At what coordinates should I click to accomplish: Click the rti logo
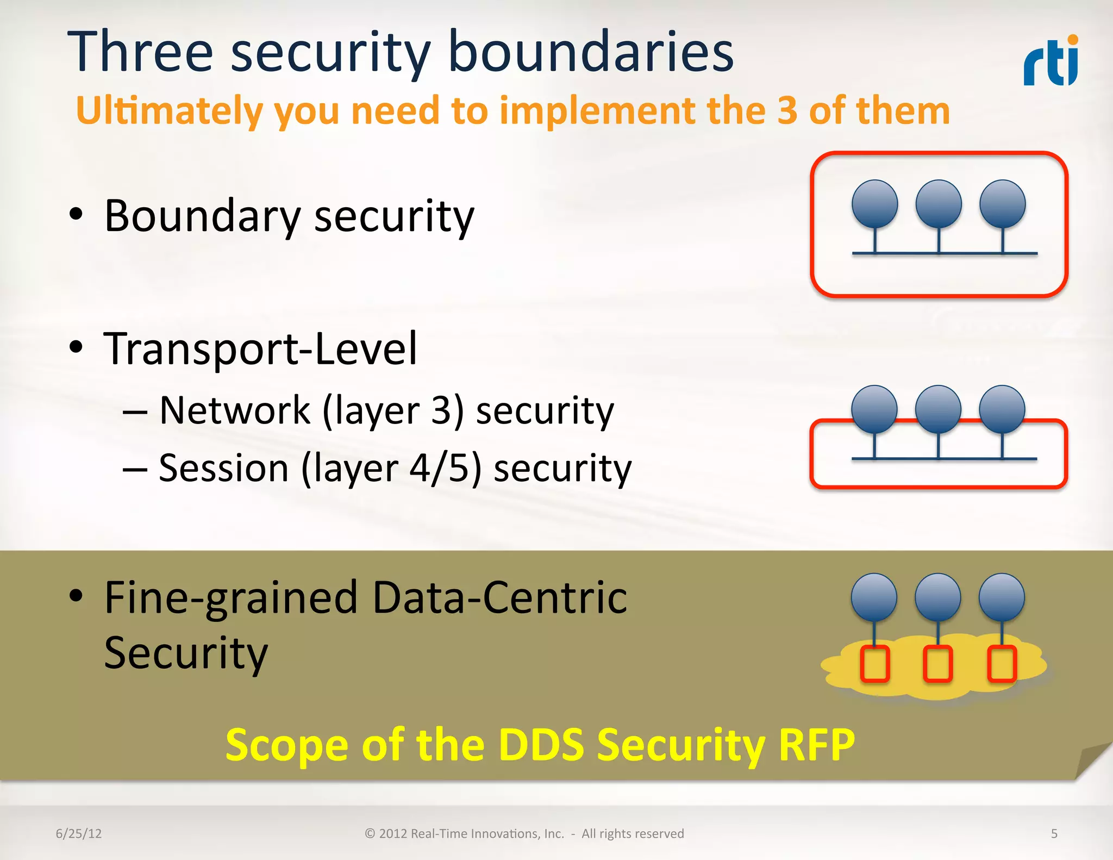(x=1051, y=61)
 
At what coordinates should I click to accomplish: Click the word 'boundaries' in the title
(x=591, y=52)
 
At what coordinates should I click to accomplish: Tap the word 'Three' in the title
(x=140, y=52)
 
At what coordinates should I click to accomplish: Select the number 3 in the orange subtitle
(x=787, y=110)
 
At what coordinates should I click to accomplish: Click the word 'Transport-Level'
(x=260, y=348)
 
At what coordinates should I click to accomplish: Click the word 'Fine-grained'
(x=230, y=598)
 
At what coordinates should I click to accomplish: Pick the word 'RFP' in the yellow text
(x=816, y=745)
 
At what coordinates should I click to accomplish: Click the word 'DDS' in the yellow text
(x=541, y=745)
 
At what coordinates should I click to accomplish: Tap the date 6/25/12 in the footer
(x=79, y=833)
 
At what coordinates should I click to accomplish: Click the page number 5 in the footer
(x=1054, y=833)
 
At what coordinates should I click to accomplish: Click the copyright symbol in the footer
(x=370, y=833)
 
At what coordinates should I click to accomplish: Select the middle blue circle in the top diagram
(x=939, y=204)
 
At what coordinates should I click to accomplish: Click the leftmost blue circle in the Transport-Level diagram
(x=874, y=409)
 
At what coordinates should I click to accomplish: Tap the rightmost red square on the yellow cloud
(x=1002, y=664)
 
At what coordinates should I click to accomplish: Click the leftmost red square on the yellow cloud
(x=875, y=664)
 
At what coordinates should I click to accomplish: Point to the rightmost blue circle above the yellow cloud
(x=1002, y=597)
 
